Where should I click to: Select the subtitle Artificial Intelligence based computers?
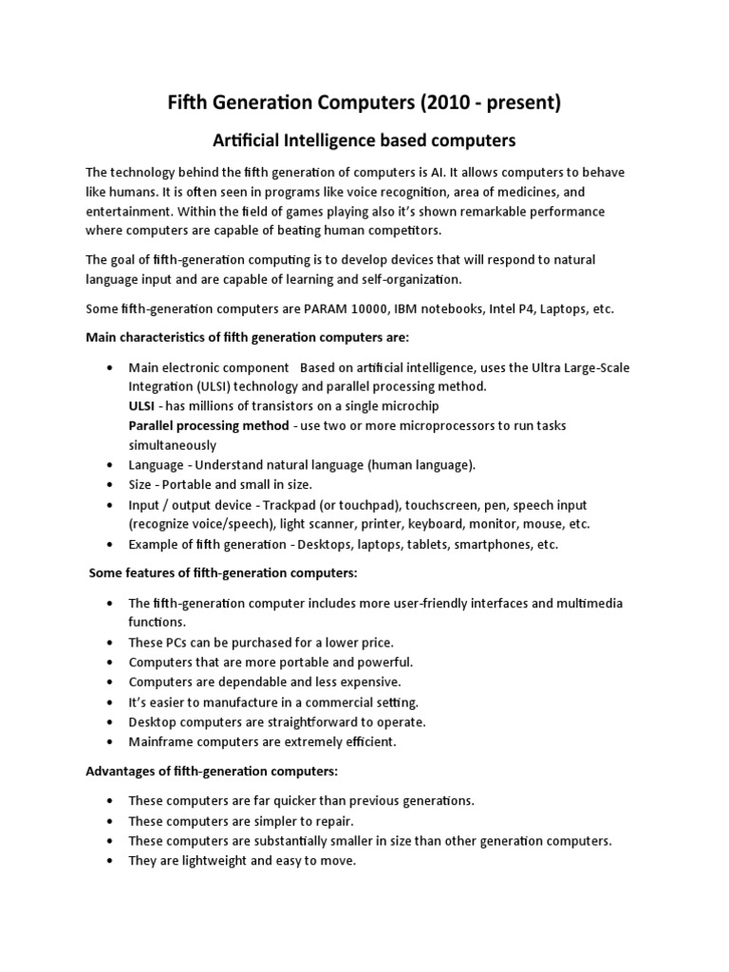[363, 140]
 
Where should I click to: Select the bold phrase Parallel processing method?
[209, 425]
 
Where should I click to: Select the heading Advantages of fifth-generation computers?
[212, 771]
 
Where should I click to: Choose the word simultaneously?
[173, 445]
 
